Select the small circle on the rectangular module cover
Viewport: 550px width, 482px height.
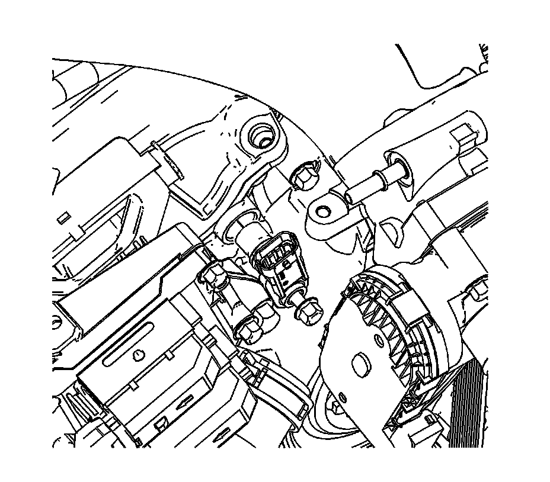coord(137,355)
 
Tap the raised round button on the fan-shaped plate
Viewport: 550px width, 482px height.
coord(360,362)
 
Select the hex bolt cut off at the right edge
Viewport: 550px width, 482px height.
coord(480,290)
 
